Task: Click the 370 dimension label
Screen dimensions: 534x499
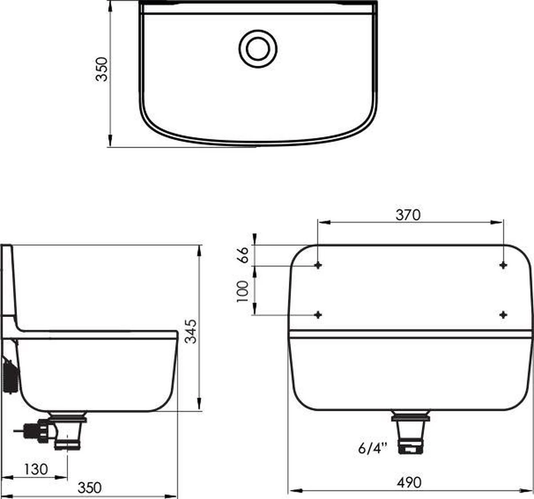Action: tap(408, 215)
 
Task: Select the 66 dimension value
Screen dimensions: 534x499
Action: tap(243, 255)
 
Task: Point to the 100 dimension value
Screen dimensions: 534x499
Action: tap(243, 291)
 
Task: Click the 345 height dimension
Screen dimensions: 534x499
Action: tap(191, 331)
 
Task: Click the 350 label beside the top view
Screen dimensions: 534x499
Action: tap(101, 69)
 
